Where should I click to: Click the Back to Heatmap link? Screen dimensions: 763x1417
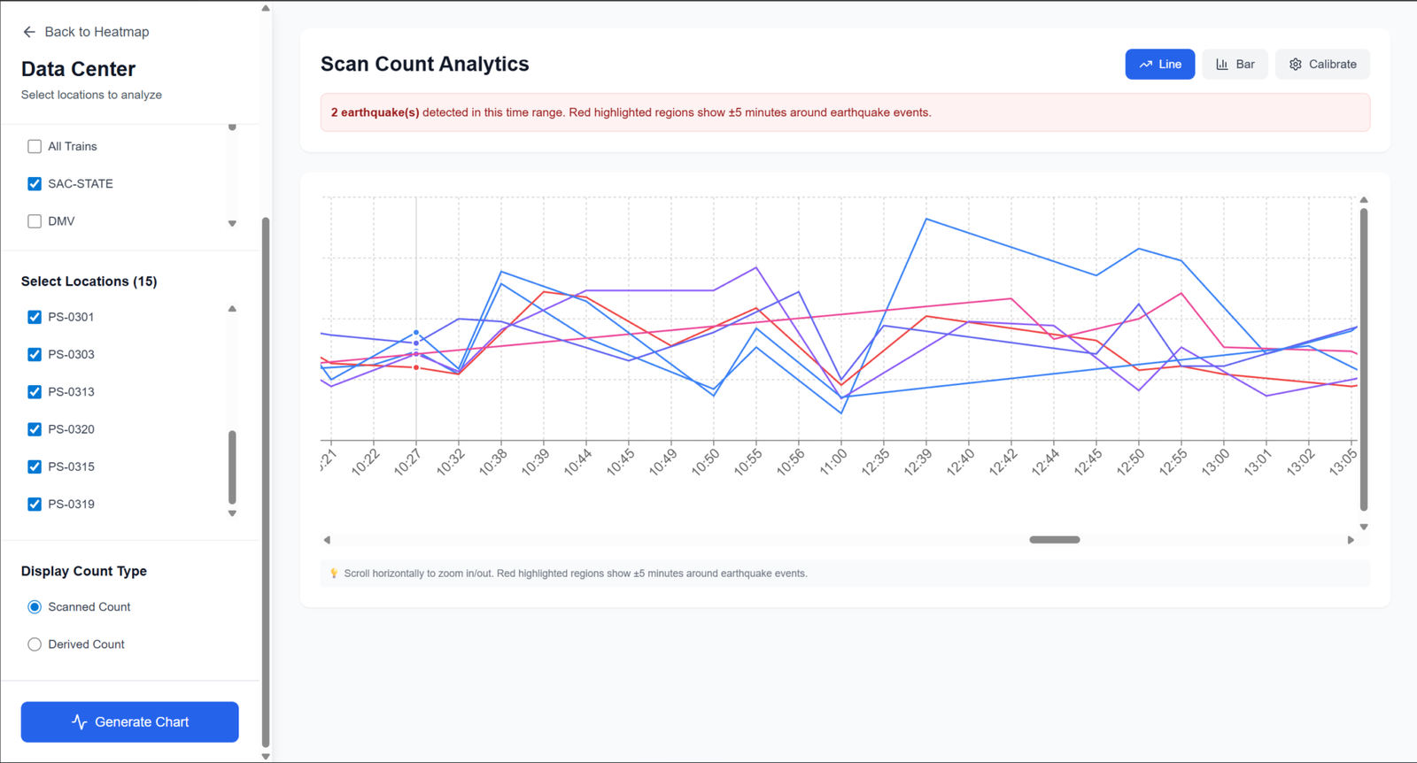click(x=86, y=32)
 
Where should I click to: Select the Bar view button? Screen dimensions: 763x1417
click(x=1235, y=65)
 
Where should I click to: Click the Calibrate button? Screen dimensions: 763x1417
click(x=1322, y=65)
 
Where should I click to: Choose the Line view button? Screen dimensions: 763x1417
click(x=1159, y=65)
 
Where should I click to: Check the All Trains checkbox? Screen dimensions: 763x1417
click(x=35, y=147)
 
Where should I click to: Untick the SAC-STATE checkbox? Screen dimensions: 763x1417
click(x=35, y=184)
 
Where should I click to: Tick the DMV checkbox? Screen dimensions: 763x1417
click(x=35, y=221)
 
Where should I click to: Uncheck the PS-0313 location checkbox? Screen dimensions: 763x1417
click(x=35, y=392)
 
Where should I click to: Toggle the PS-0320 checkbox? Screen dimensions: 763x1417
click(x=35, y=429)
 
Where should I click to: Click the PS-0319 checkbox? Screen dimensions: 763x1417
click(x=35, y=505)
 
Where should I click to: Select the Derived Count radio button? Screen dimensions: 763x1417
click(x=35, y=644)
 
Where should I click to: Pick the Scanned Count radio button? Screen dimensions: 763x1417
click(x=35, y=607)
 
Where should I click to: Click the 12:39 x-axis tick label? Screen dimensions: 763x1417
click(x=918, y=461)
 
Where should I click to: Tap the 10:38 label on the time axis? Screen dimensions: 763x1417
click(x=493, y=461)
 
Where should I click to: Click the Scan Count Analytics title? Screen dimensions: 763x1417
click(x=424, y=65)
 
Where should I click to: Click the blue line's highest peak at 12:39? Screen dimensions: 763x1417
click(x=926, y=219)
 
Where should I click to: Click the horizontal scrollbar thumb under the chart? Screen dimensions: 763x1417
click(x=1054, y=540)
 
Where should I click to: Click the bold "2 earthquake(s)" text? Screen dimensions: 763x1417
click(x=375, y=112)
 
